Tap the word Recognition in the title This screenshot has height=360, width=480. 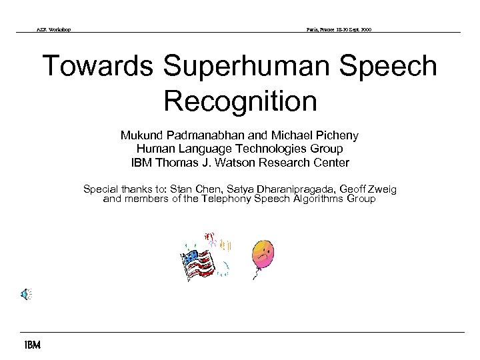pos(240,101)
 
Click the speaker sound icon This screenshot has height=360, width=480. pos(26,293)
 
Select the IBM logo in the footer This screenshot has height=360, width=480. pos(32,345)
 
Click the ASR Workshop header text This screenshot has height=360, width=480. pos(54,29)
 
